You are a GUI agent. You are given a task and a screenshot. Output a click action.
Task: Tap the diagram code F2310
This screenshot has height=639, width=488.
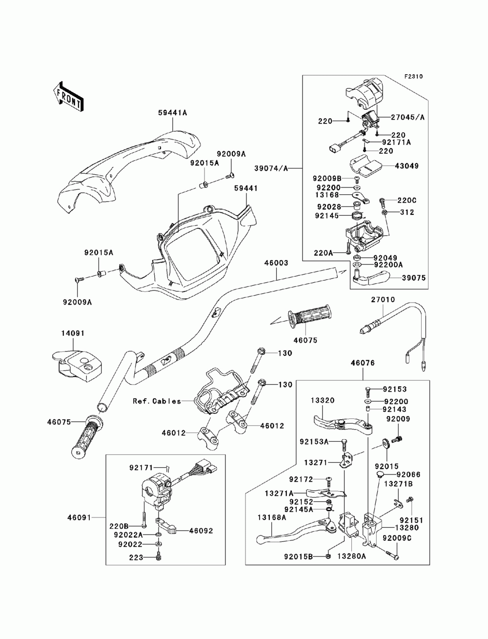413,77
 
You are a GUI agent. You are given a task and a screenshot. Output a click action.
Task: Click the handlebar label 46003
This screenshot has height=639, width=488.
276,263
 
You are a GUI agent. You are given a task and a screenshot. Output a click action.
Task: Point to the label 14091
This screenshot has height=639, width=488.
73,333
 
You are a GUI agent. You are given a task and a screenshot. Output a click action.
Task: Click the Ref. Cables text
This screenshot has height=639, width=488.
157,401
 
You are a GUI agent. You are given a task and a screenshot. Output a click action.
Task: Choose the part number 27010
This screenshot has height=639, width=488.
383,300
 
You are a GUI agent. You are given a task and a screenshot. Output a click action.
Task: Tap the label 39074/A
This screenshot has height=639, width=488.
271,168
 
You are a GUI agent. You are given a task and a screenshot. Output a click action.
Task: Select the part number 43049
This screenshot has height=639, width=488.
407,166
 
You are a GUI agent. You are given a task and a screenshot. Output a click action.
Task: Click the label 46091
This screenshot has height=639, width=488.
80,516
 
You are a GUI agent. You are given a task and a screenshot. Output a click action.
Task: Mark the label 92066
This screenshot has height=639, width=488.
408,474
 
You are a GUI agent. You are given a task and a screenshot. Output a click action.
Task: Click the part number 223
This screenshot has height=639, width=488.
136,557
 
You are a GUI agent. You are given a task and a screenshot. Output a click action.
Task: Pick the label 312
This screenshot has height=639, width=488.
407,212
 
